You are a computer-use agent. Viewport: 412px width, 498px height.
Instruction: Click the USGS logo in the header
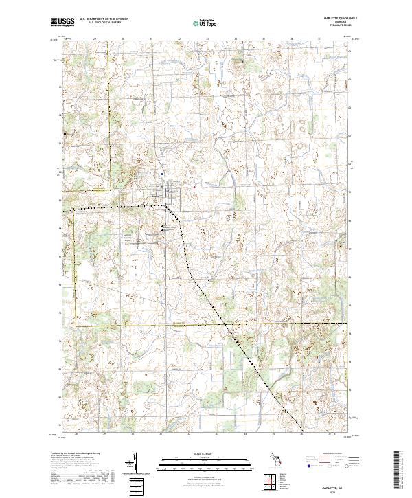62,22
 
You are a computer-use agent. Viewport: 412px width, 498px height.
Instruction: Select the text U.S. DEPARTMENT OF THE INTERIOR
103,19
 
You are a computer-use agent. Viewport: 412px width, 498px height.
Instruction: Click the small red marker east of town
194,186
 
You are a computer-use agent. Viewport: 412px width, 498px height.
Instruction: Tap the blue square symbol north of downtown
161,174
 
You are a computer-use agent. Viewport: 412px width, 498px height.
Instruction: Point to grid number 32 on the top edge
179,39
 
